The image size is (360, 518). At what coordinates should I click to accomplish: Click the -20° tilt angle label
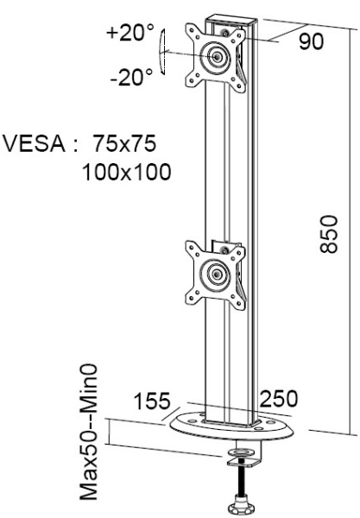[x=131, y=76]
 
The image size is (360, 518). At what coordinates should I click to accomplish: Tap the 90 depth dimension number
[x=311, y=41]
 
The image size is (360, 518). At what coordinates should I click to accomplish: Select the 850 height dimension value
[x=329, y=234]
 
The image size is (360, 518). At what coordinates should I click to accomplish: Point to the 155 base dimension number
[x=152, y=401]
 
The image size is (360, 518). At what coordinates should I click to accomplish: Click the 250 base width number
[x=279, y=398]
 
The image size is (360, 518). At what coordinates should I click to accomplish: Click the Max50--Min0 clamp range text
[x=89, y=433]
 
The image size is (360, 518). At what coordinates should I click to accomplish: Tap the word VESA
[x=35, y=143]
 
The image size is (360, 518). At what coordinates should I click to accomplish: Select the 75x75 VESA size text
[x=124, y=143]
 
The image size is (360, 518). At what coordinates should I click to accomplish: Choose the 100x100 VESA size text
[x=127, y=172]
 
